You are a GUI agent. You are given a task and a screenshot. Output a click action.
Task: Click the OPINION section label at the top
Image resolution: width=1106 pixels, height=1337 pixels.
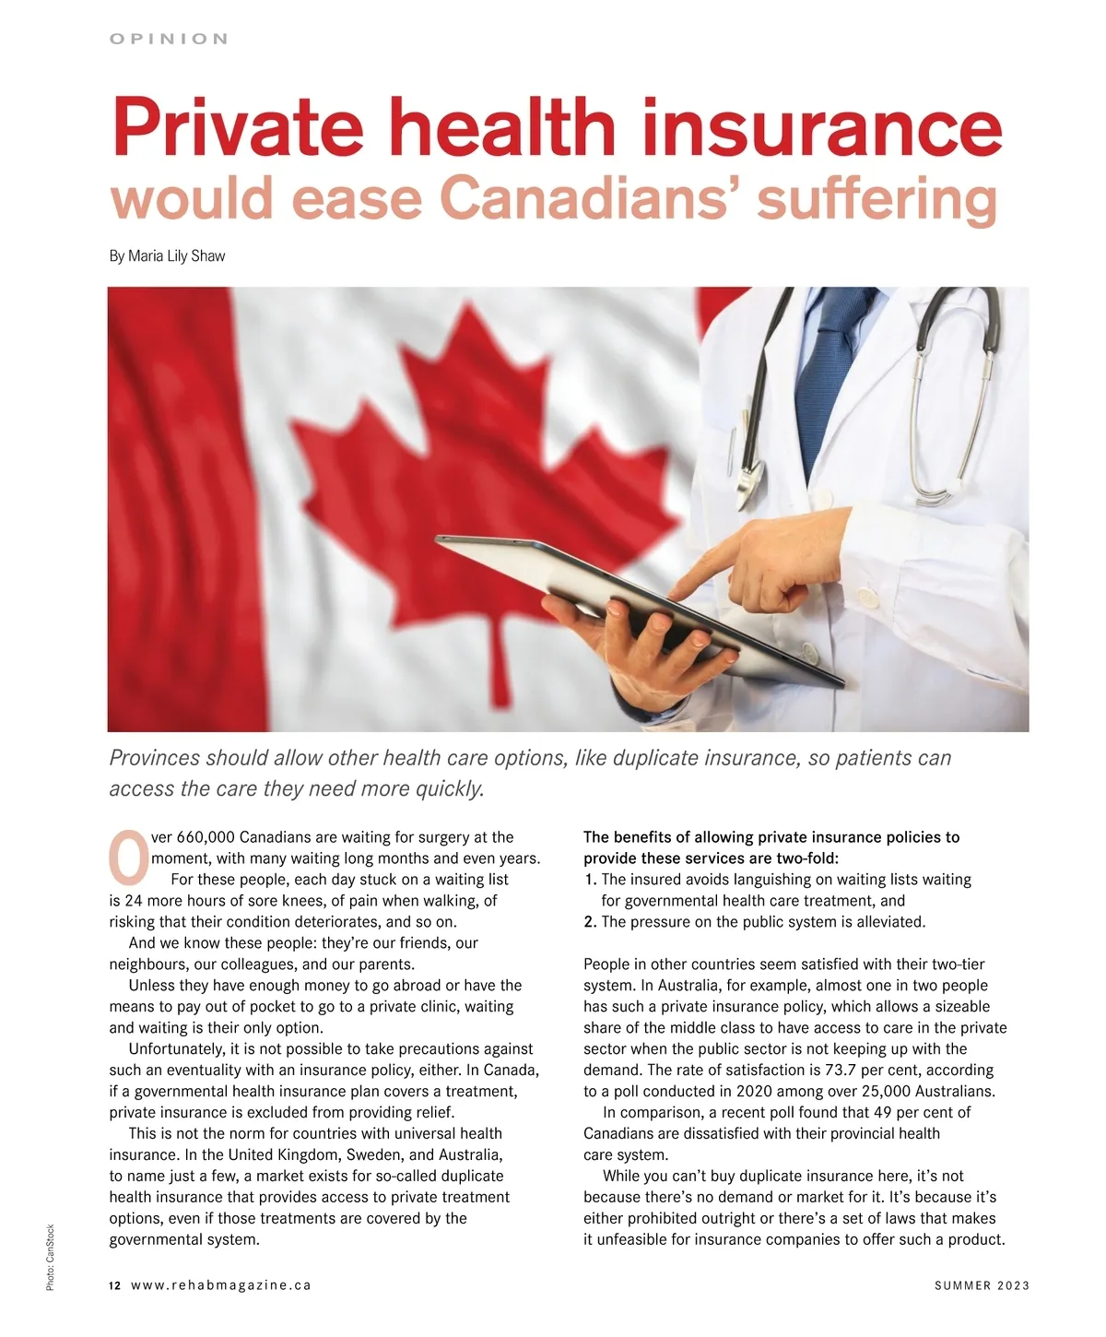pos(169,39)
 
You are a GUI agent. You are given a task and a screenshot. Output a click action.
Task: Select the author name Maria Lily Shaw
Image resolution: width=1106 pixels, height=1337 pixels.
pos(177,256)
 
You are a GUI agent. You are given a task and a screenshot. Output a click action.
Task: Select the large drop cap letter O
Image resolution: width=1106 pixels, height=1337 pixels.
pos(128,856)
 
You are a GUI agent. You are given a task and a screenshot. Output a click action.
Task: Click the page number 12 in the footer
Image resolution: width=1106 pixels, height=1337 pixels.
pos(114,1285)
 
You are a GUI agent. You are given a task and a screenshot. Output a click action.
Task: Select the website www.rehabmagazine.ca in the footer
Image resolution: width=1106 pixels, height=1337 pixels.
pos(221,1285)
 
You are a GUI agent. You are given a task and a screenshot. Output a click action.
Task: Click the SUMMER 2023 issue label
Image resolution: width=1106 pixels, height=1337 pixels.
pos(982,1285)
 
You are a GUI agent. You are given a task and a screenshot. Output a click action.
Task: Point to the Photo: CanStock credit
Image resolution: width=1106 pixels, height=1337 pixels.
pos(51,1257)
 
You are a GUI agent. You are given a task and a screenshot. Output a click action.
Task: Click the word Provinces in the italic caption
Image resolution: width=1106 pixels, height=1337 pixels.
pos(154,758)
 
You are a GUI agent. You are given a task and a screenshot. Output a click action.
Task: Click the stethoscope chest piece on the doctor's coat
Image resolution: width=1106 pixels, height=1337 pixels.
pos(748,475)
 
